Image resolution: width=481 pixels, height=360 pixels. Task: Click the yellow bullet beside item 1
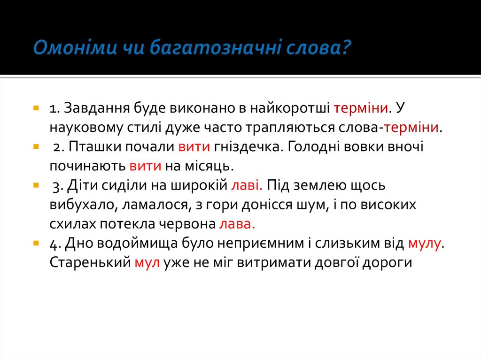36,108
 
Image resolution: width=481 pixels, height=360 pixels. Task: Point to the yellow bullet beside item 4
36,244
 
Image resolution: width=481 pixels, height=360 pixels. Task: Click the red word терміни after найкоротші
361,108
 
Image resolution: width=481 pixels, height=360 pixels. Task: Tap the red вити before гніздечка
194,147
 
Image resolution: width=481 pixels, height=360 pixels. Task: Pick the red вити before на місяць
146,166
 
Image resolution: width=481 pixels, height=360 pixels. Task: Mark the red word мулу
425,244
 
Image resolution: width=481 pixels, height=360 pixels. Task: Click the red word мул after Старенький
148,263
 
